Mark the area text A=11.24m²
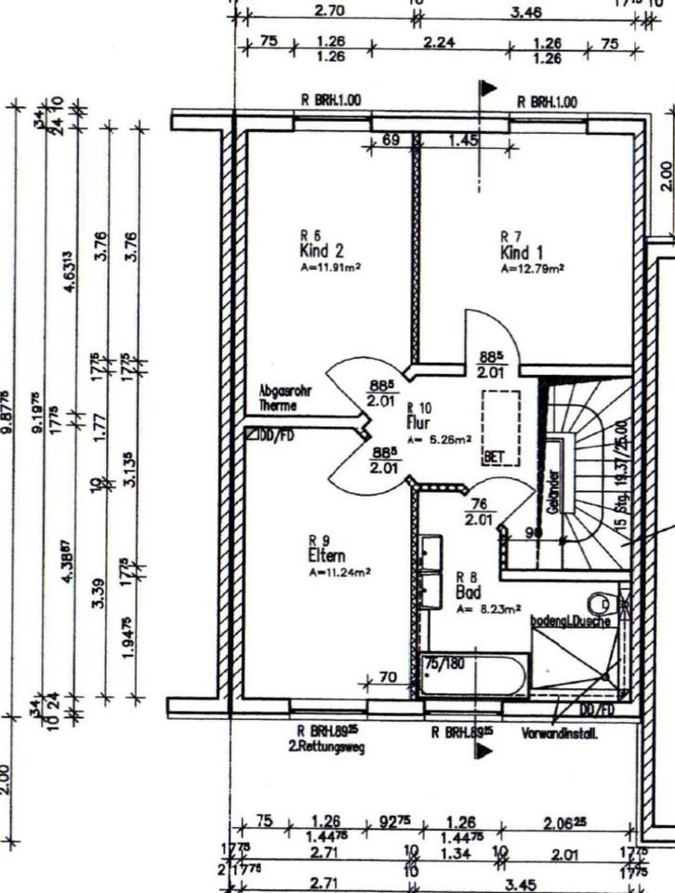point(339,572)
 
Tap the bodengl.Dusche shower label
point(569,620)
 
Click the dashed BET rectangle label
point(492,458)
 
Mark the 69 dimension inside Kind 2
point(391,140)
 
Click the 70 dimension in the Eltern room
point(389,676)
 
